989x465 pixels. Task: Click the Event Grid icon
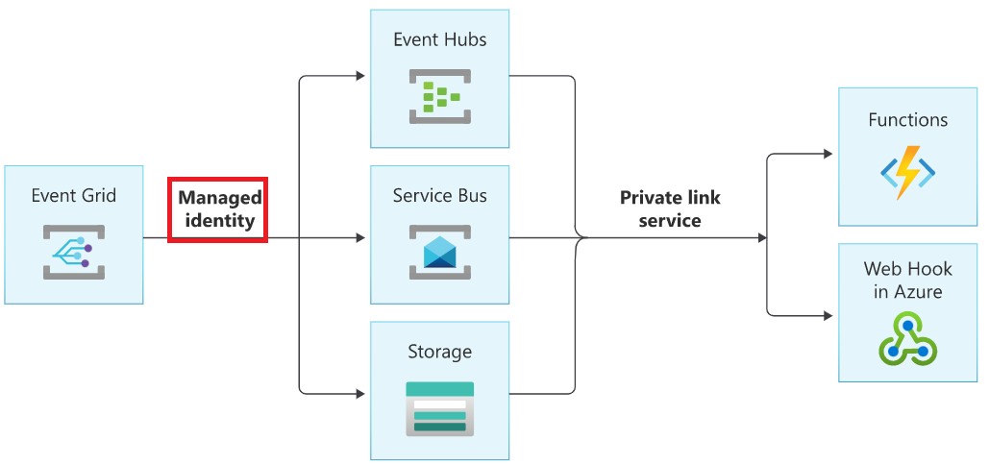(x=73, y=252)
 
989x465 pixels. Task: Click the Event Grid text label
(x=73, y=196)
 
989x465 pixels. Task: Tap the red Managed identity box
(x=218, y=208)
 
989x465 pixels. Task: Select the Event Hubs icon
(x=440, y=96)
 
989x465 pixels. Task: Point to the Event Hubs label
(x=440, y=40)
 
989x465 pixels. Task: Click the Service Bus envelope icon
(x=440, y=252)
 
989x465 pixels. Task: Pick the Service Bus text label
(x=440, y=196)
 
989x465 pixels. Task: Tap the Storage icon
(x=440, y=408)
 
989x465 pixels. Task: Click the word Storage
(x=440, y=353)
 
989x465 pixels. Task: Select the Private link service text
(x=670, y=208)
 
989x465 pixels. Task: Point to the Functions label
(x=907, y=120)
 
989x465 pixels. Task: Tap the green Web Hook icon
(x=907, y=338)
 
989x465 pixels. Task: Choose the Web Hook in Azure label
(x=907, y=280)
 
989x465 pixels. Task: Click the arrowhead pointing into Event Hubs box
(x=360, y=76)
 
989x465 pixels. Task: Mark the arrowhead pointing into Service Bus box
(x=360, y=238)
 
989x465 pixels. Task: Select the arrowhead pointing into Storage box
(x=360, y=394)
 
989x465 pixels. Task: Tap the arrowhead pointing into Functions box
(x=828, y=154)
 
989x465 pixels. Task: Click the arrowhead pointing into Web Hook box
(x=828, y=314)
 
